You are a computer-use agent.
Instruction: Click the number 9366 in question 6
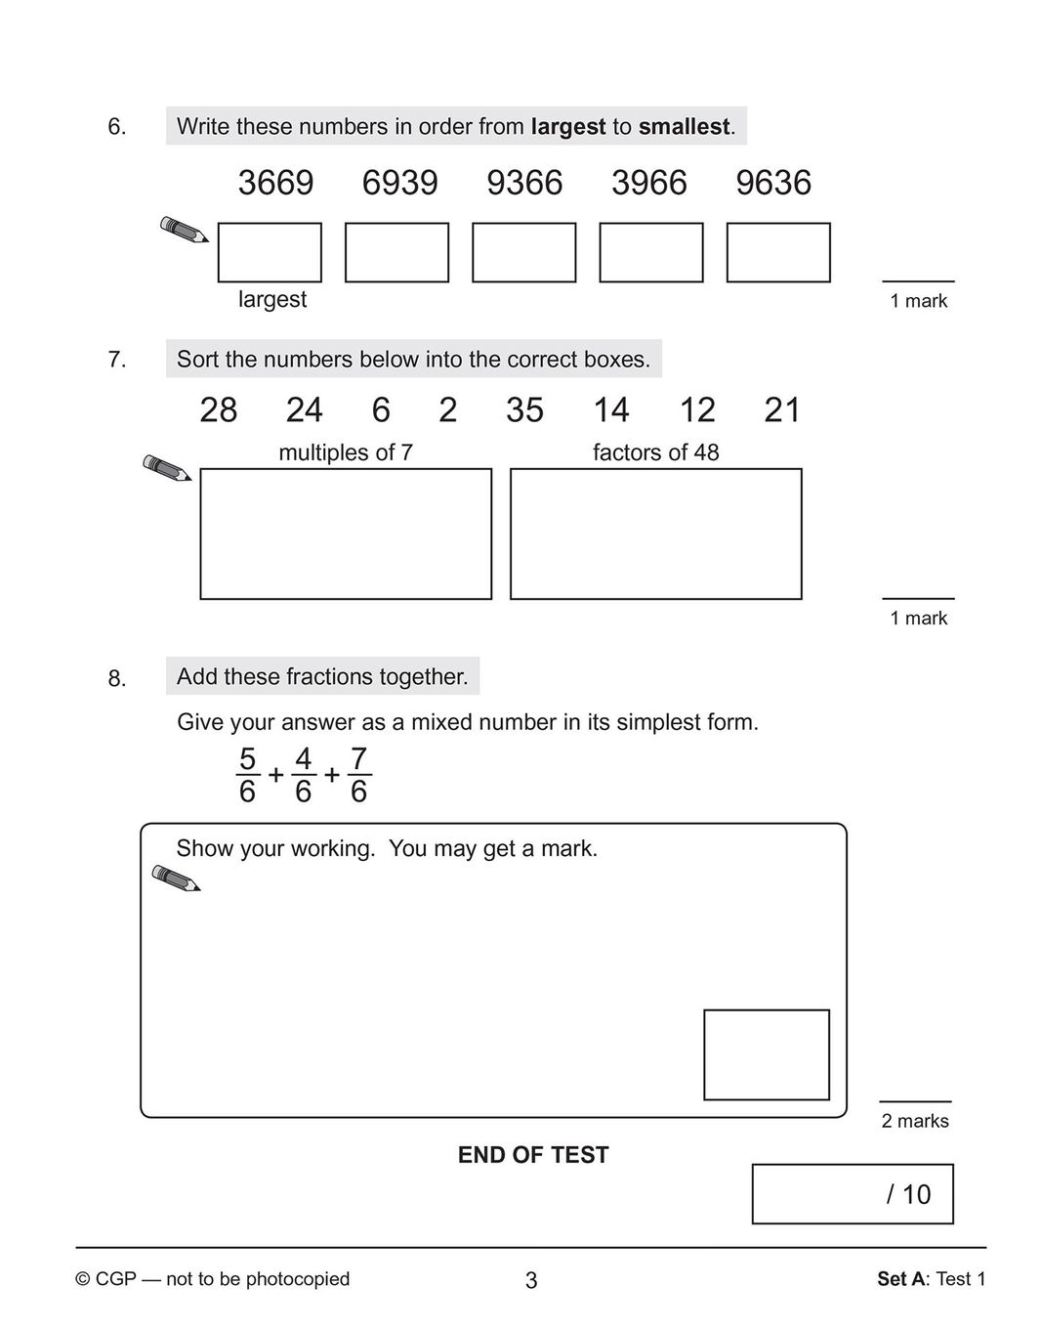click(x=524, y=183)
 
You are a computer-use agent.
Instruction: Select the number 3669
click(x=275, y=183)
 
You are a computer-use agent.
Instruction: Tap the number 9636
click(x=773, y=183)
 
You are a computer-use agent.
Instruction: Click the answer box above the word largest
click(x=270, y=252)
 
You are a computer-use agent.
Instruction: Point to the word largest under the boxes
click(x=272, y=299)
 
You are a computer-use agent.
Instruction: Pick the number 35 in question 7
click(x=524, y=410)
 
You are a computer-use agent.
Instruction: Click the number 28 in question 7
click(x=219, y=410)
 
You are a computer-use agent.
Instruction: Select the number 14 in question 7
click(x=611, y=410)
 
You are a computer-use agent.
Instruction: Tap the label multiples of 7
click(x=346, y=452)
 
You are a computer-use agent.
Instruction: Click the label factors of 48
click(x=655, y=452)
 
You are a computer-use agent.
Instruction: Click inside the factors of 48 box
click(x=655, y=534)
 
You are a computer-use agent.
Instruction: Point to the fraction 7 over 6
click(x=358, y=775)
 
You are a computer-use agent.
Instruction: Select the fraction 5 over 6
click(x=247, y=775)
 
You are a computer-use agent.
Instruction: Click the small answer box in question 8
click(x=767, y=1054)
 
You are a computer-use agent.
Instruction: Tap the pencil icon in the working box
click(x=176, y=878)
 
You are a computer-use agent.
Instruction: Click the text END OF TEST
click(x=533, y=1155)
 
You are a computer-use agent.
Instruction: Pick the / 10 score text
click(x=908, y=1194)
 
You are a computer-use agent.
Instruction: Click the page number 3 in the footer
click(x=531, y=1280)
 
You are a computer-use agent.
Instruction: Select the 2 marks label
click(x=915, y=1121)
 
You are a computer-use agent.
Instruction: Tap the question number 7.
click(x=117, y=360)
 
